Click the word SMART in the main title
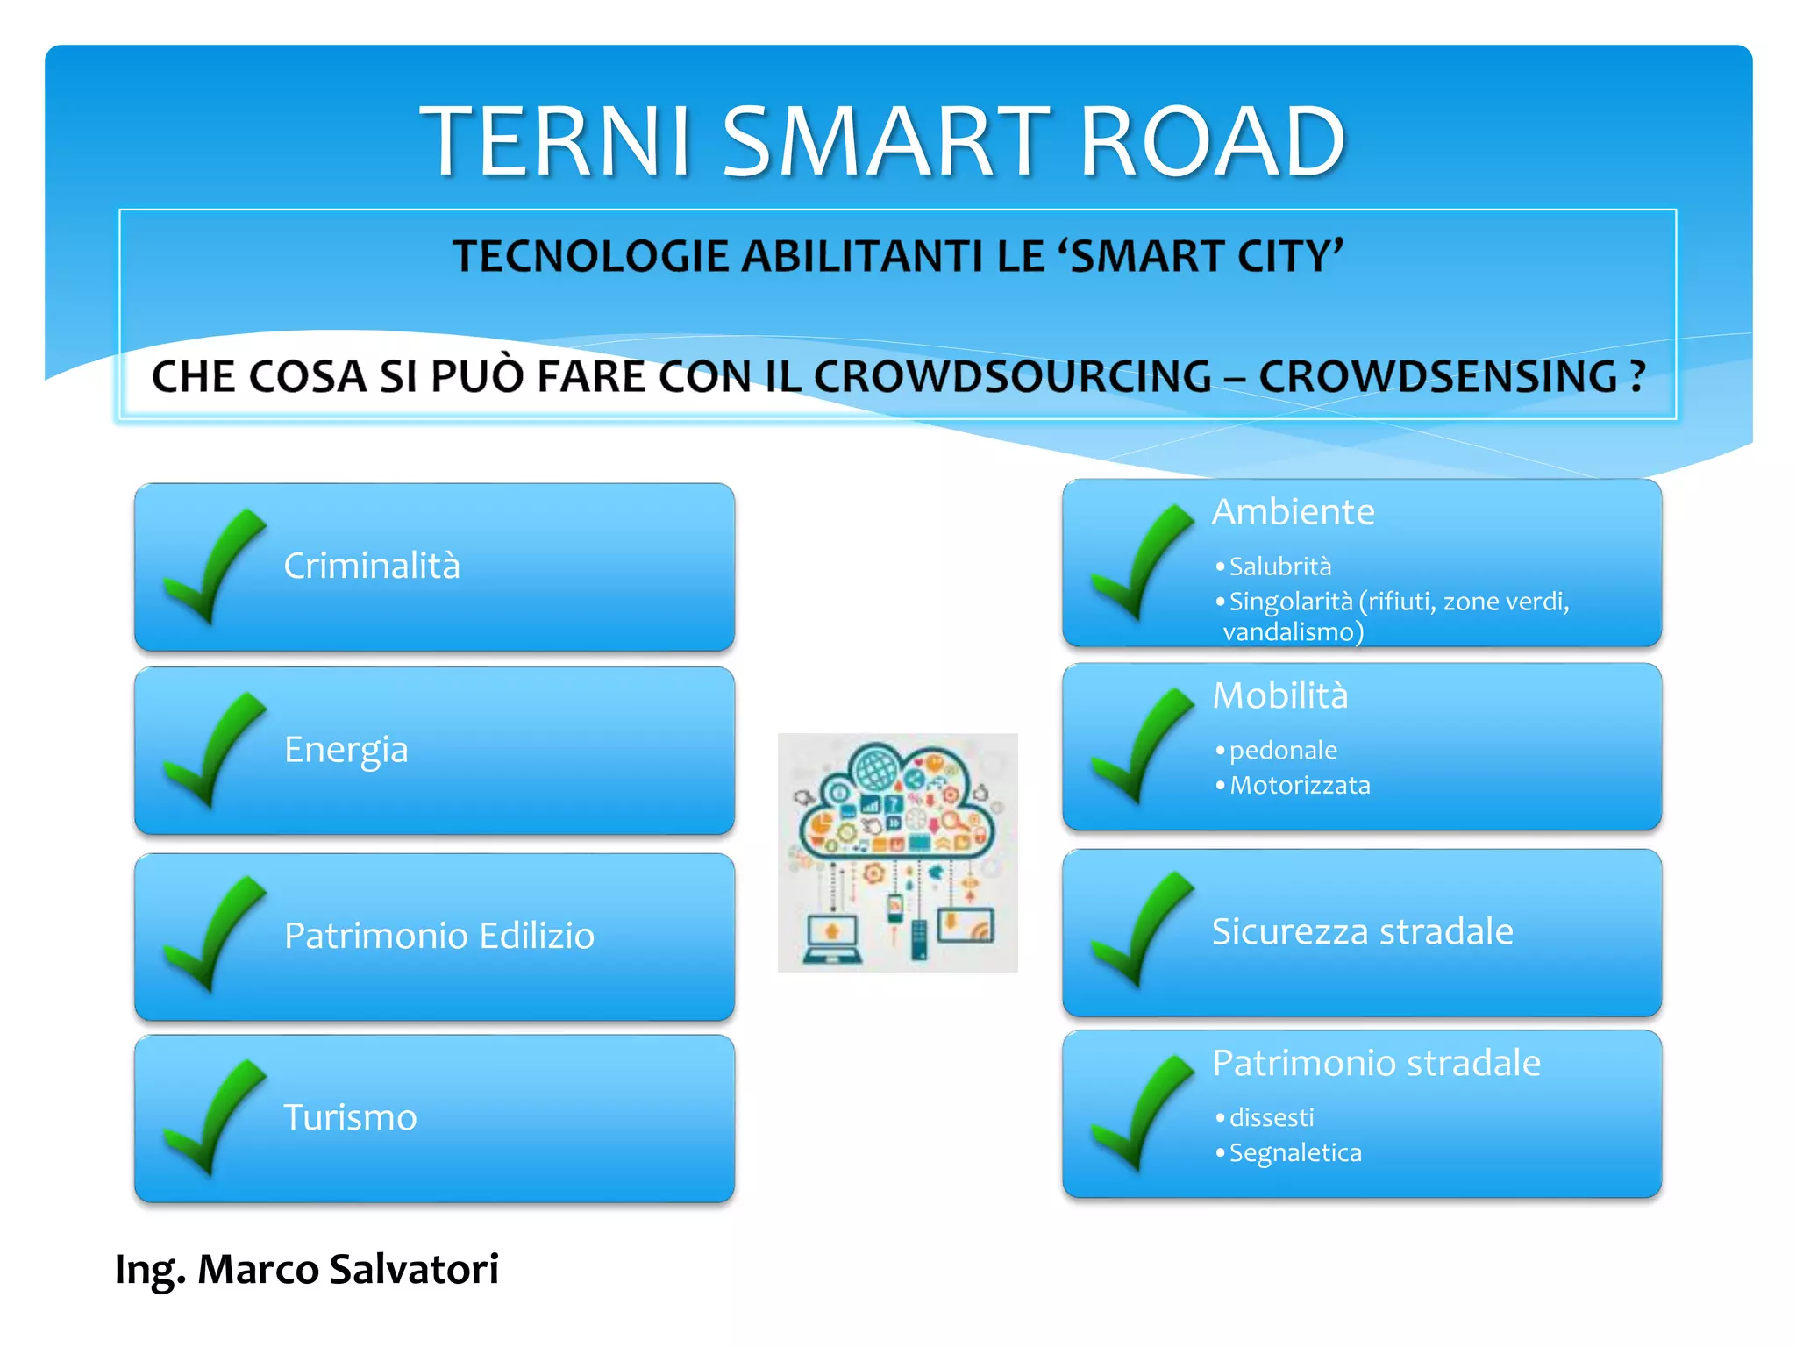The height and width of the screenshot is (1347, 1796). click(886, 140)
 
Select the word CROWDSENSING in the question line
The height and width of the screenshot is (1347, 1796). click(1437, 376)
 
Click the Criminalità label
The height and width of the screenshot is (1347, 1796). click(372, 566)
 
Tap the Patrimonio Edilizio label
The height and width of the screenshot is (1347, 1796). click(439, 936)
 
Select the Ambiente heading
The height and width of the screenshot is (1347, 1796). click(1293, 511)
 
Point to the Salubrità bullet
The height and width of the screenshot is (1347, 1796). click(1279, 567)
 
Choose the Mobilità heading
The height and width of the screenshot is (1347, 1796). click(1280, 695)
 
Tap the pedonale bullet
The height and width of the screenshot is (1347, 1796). click(1282, 751)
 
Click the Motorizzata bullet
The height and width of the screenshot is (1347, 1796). click(1299, 785)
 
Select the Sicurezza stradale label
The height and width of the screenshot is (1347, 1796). click(1362, 931)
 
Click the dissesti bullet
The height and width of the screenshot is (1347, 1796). click(1271, 1117)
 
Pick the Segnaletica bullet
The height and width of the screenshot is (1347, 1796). click(1294, 1152)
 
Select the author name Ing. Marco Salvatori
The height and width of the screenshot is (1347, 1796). click(306, 1269)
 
